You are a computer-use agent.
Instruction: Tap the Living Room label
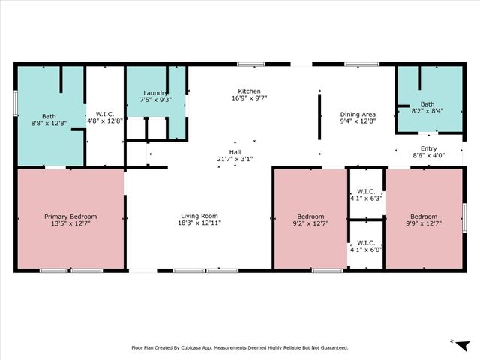coord(199,216)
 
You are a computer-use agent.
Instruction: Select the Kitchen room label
coord(249,91)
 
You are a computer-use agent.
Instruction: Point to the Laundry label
coord(155,92)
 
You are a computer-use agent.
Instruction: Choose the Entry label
coord(428,148)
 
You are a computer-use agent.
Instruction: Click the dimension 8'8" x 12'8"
coord(49,122)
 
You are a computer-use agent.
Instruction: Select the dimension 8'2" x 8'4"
coord(427,110)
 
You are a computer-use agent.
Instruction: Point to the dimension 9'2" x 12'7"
coord(310,222)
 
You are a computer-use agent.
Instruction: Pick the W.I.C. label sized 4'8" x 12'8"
coord(104,112)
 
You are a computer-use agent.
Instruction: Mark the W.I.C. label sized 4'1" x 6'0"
coord(366,242)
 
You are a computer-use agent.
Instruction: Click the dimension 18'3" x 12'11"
coord(199,222)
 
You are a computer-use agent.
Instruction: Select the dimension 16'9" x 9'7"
coord(249,97)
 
